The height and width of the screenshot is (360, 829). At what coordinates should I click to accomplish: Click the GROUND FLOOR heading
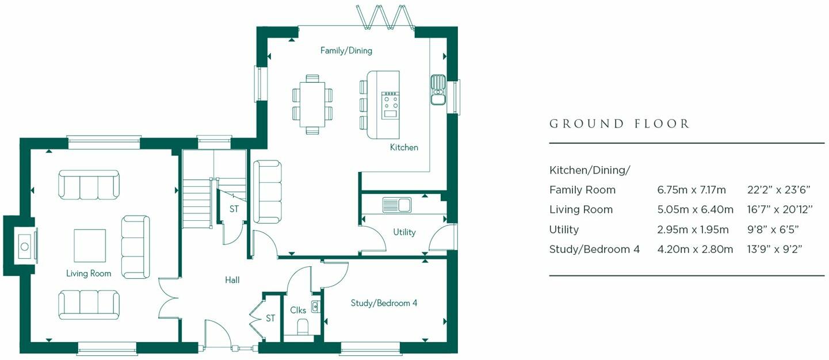tap(619, 124)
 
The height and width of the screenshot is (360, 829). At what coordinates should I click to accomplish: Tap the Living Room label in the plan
tap(89, 273)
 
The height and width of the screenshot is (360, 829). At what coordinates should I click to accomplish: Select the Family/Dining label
tap(346, 51)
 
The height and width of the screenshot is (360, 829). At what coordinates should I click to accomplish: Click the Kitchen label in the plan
tap(404, 147)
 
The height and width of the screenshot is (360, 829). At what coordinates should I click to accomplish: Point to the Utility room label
tap(404, 232)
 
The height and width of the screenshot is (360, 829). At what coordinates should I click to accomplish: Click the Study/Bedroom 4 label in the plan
tap(384, 303)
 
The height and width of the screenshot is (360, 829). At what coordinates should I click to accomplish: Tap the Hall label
tap(232, 280)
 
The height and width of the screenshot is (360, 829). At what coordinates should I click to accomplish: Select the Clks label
tap(298, 311)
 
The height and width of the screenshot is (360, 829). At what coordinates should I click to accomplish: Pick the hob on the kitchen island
tap(390, 102)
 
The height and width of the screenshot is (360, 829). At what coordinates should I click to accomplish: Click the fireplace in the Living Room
tap(24, 246)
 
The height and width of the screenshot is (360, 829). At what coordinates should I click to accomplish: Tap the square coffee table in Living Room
tap(90, 245)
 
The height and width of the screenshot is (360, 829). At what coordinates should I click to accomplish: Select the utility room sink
tap(396, 204)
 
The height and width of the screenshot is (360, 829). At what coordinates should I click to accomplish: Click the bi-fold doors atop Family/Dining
tap(385, 17)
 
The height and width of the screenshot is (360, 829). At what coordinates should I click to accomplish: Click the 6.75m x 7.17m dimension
tap(692, 190)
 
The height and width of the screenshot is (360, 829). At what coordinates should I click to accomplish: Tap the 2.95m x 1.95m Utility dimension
tap(693, 229)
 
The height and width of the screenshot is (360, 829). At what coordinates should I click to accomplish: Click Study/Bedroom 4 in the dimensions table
tap(594, 249)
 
